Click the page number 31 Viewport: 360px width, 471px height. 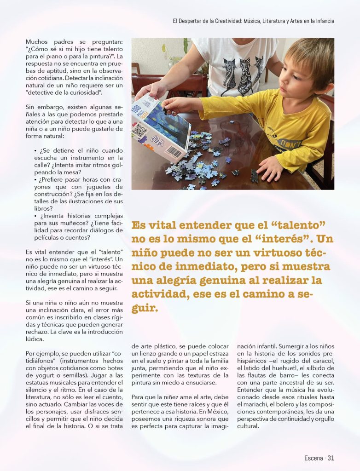330,458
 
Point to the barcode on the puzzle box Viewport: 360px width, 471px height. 173,151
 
